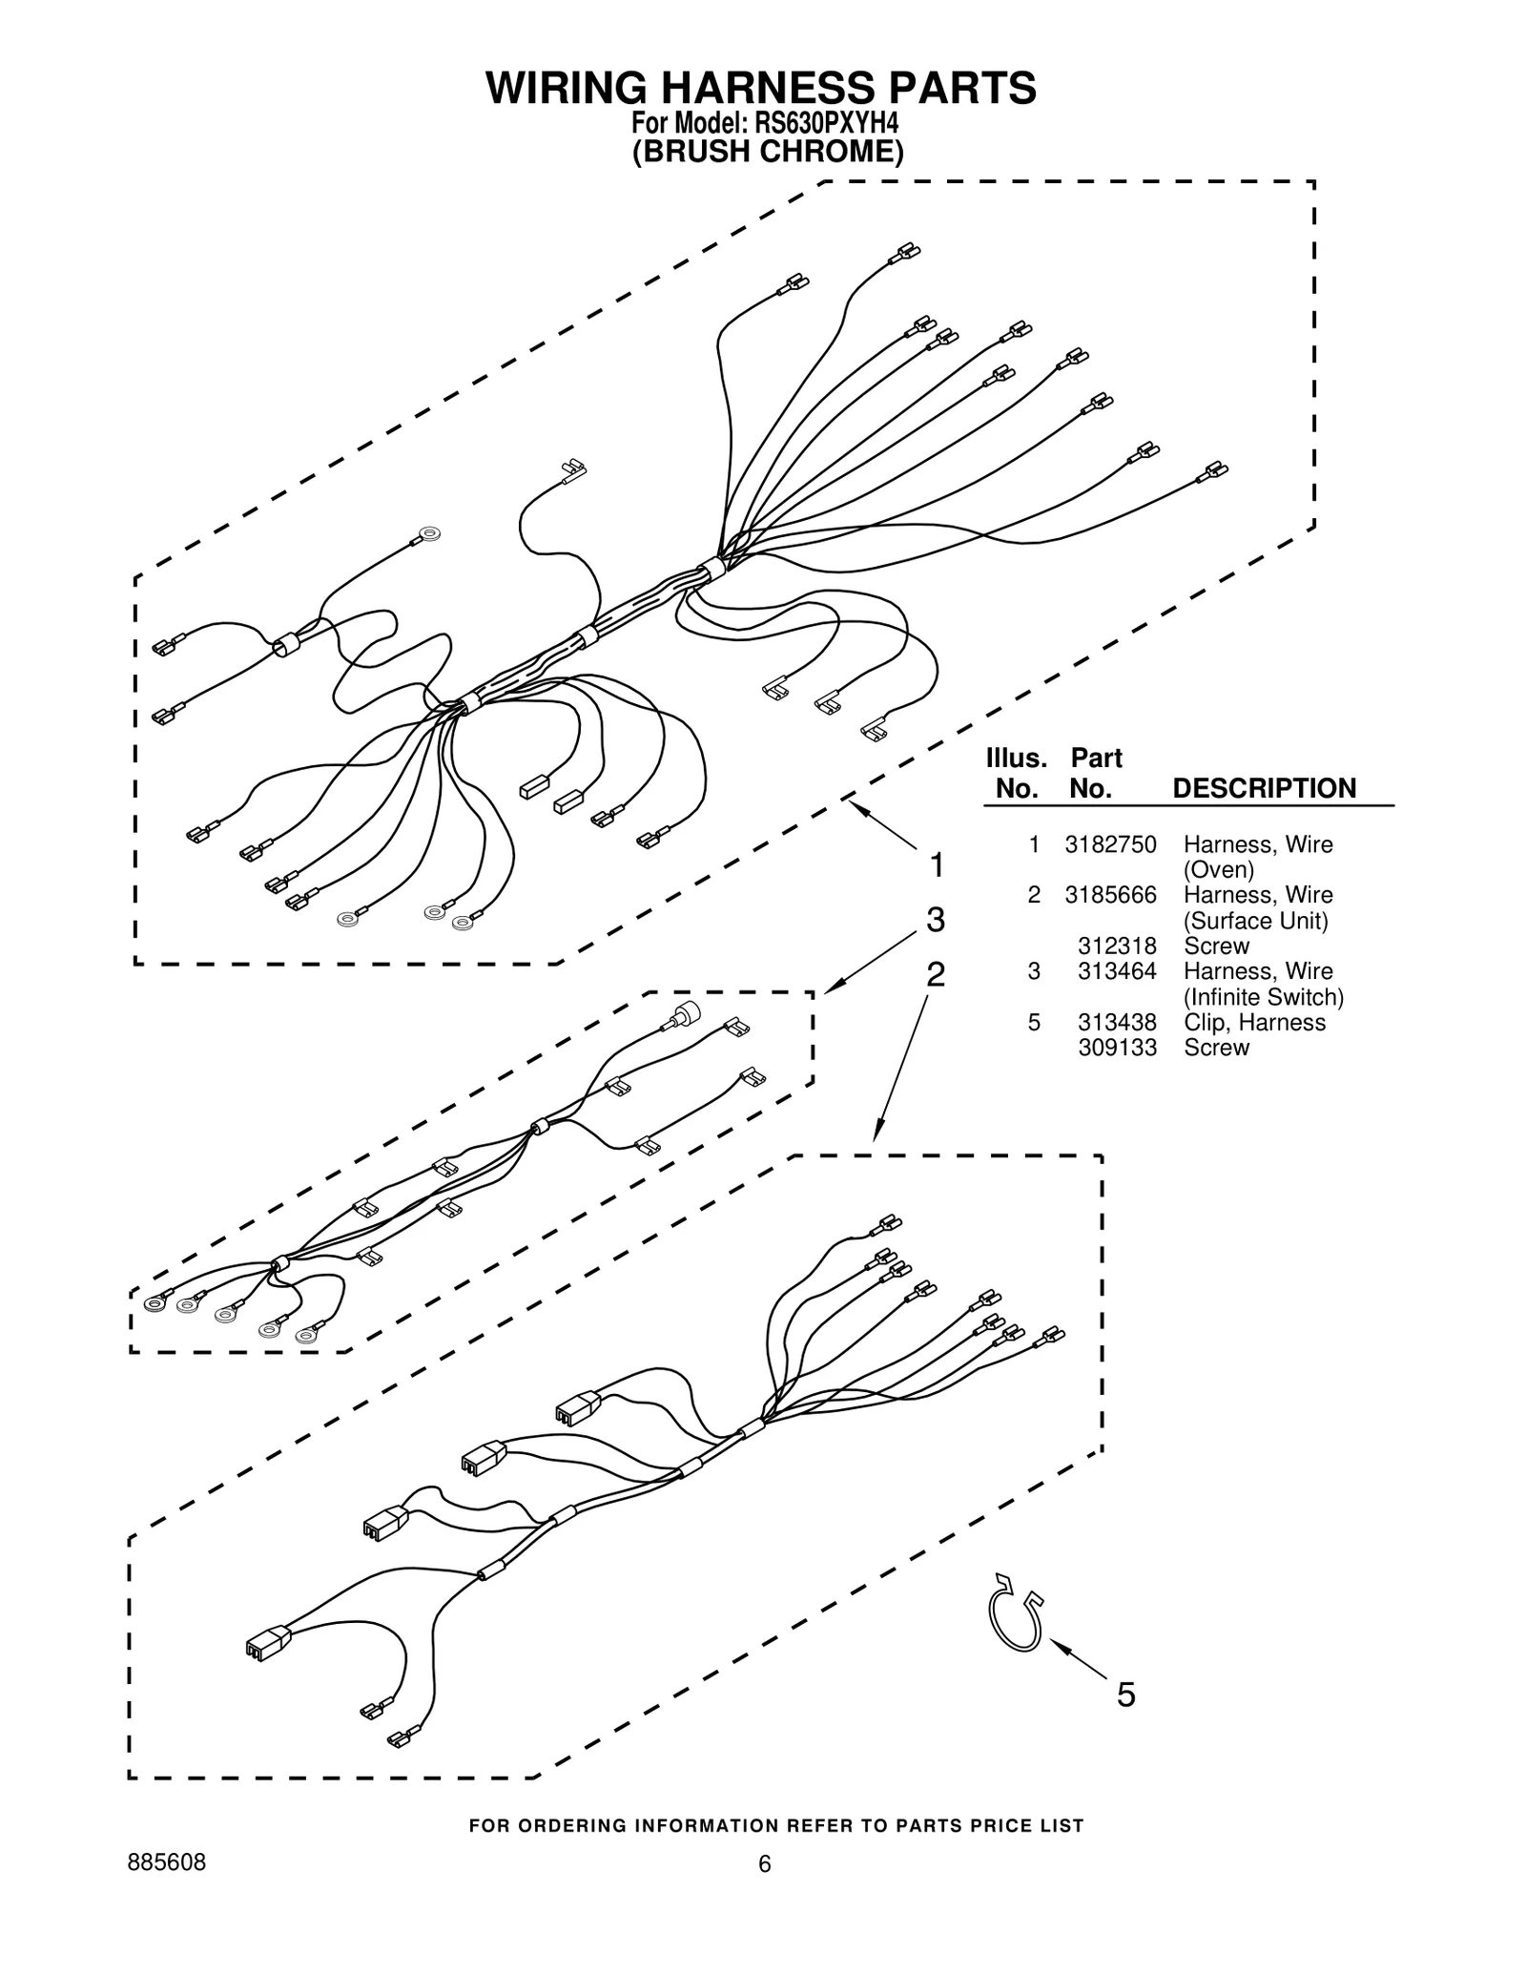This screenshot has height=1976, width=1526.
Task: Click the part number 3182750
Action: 1110,844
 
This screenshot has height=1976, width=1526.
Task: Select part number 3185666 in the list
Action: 1110,895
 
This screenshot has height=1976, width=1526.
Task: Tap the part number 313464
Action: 1117,971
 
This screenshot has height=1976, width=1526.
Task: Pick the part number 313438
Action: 1117,1023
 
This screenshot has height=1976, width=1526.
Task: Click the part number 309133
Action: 1117,1048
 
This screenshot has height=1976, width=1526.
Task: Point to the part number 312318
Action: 1117,946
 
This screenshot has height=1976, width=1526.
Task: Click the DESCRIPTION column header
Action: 1264,788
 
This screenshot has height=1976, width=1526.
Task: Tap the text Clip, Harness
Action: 1254,1023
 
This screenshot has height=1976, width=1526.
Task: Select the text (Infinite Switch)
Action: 1263,997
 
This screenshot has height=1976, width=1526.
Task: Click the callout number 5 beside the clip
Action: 1125,1695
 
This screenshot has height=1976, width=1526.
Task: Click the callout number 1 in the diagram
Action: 937,865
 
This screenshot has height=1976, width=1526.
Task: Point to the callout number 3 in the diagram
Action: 936,920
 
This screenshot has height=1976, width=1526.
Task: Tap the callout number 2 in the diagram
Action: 936,974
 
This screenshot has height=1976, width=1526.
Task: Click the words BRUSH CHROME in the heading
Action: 768,152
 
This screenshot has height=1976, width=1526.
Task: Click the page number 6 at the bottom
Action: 764,1864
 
